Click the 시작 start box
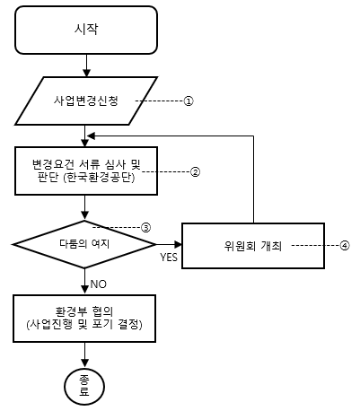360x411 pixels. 86,30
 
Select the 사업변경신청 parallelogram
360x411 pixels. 86,101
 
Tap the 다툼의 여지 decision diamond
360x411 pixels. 84,244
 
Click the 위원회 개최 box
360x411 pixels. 253,246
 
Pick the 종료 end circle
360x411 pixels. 84,386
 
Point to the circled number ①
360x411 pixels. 189,101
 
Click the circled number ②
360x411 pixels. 196,172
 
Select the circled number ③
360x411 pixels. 146,228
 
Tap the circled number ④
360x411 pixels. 345,246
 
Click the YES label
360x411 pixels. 169,258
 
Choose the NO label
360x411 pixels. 98,284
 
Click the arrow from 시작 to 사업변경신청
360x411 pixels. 86,66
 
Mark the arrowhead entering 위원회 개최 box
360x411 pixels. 178,244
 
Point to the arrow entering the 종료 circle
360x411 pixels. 85,354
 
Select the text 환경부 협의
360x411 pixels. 84,311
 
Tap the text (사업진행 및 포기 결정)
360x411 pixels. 84,325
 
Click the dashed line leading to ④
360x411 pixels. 315,246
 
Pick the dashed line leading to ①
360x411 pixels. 160,101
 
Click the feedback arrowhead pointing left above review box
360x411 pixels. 91,136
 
